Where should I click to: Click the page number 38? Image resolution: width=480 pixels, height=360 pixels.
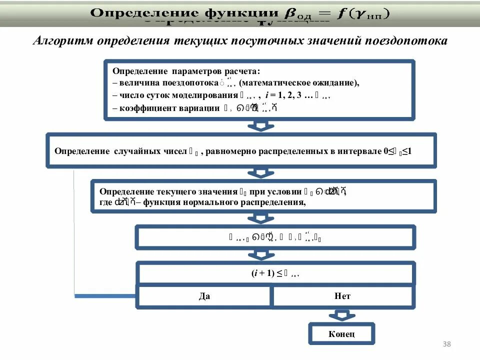[447, 344]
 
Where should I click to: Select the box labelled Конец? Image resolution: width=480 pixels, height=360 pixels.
[341, 334]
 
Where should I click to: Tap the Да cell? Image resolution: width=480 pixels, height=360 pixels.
[204, 296]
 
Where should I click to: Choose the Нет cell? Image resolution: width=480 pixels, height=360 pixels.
[342, 296]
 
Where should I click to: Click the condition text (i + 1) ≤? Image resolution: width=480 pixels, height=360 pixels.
[266, 273]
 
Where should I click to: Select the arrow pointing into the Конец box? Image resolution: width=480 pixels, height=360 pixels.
[341, 315]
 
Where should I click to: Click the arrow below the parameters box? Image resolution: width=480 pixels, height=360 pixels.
[258, 125]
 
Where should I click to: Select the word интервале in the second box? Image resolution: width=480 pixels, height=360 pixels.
[355, 151]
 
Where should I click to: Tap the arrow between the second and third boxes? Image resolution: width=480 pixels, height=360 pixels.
[258, 173]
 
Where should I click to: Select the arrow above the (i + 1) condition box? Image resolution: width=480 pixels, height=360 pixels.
[258, 255]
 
